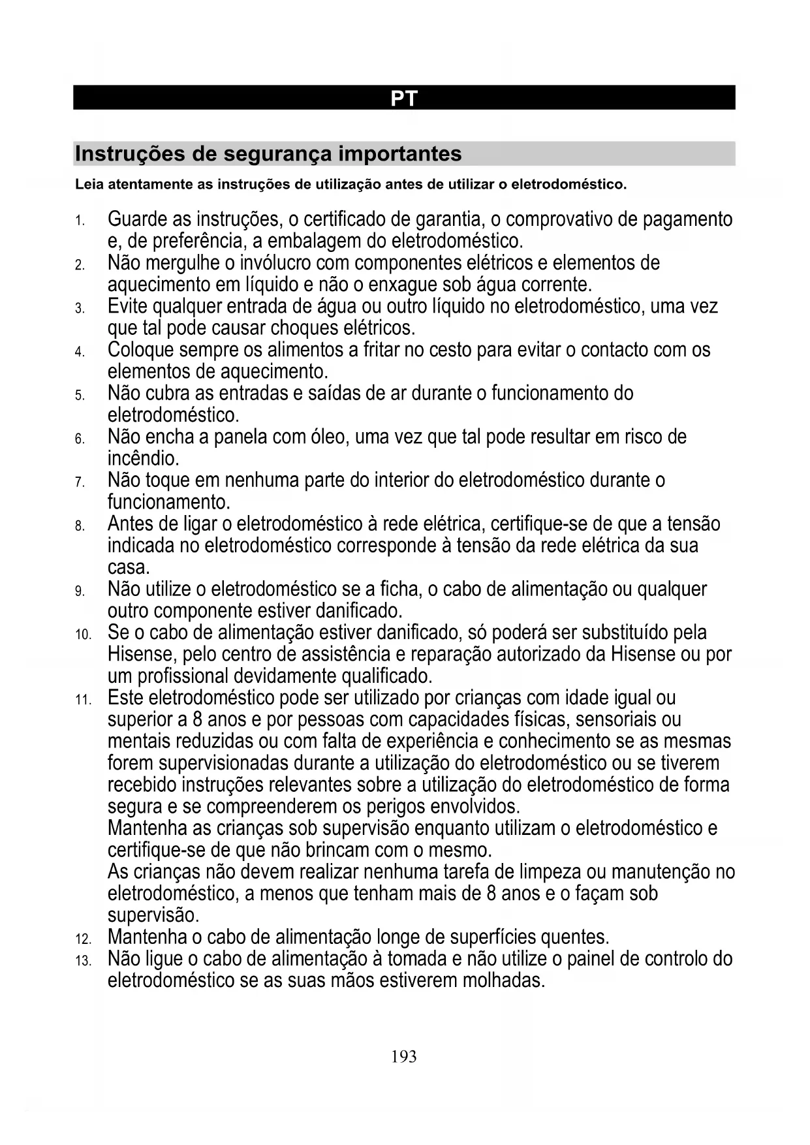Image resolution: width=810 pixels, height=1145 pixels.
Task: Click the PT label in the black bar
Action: coord(404,99)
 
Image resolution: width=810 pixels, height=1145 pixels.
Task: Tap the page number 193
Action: coord(404,1056)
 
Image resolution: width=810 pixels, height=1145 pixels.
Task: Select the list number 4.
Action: coord(79,353)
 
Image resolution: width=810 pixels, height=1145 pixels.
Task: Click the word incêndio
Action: coord(143,459)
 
